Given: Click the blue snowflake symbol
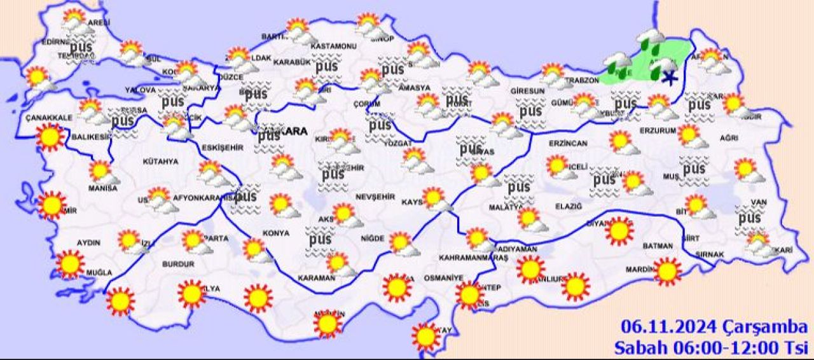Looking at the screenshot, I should click(668, 78).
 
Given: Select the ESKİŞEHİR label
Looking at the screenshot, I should click(223, 148).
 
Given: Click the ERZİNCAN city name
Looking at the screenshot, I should click(567, 144).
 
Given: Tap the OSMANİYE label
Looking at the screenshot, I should click(443, 278).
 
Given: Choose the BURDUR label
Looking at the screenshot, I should click(178, 263).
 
